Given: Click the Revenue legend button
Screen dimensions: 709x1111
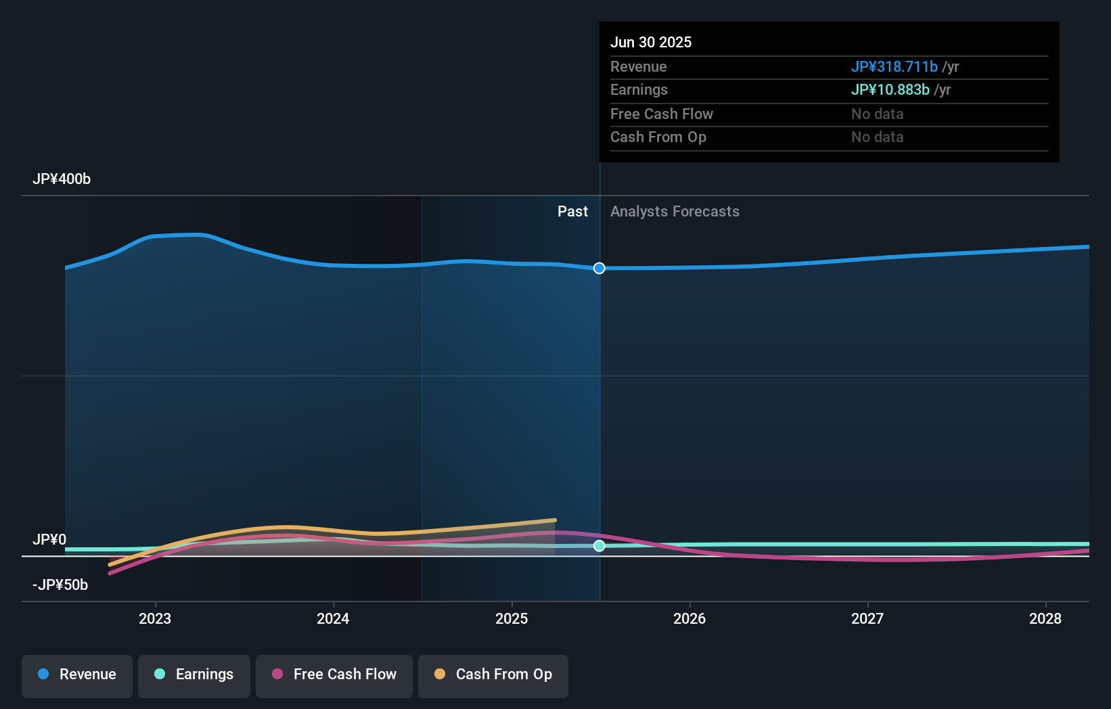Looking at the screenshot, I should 77,674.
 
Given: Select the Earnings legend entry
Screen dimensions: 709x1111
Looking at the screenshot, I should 194,674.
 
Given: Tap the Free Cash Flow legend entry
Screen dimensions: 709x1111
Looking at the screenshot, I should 334,674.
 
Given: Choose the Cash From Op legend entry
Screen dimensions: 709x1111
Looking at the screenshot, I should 493,674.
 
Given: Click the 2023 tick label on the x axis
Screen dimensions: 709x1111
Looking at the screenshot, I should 155,618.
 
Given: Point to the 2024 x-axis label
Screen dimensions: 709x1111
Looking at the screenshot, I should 333,618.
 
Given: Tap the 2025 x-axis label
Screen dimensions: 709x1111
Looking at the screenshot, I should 512,618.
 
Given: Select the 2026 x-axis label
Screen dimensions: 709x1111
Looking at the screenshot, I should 689,618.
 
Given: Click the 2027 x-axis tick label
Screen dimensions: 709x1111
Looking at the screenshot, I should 867,618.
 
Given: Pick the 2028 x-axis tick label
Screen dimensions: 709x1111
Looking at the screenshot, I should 1045,618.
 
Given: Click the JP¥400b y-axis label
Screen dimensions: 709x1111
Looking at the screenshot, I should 62,179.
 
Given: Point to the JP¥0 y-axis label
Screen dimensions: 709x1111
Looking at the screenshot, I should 49,540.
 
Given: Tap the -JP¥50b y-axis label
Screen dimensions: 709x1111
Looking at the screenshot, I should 60,585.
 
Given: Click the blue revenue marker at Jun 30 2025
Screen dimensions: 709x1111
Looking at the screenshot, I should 599,269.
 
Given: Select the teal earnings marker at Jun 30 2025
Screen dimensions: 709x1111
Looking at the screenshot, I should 599,546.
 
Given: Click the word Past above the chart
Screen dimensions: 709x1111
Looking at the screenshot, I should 572,212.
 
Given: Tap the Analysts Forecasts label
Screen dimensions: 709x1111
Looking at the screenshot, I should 675,212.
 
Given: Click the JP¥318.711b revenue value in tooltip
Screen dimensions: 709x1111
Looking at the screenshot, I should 894,67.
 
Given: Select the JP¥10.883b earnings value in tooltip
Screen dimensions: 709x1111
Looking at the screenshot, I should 890,90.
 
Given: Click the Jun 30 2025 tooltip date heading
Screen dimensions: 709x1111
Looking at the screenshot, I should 651,43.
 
